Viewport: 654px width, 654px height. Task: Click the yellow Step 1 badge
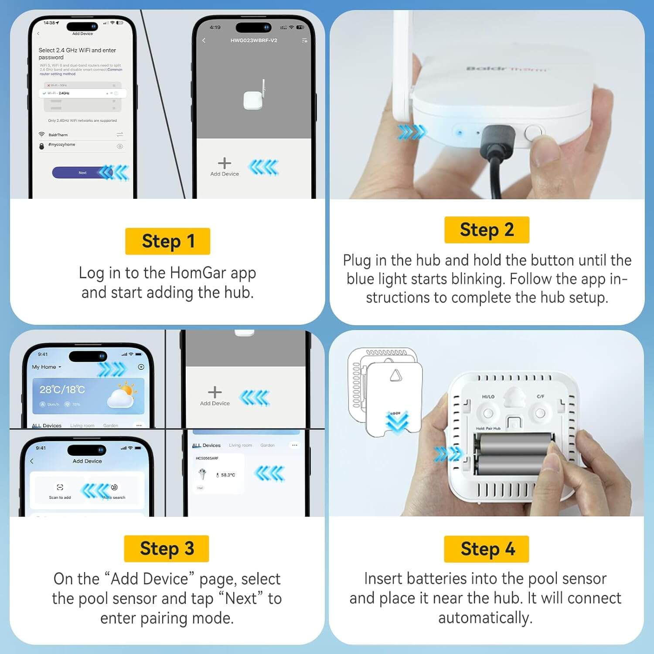pyautogui.click(x=167, y=241)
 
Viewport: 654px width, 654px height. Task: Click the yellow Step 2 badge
pyautogui.click(x=487, y=230)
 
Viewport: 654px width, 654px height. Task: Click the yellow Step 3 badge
pyautogui.click(x=167, y=548)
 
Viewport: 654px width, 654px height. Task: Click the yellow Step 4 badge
pyautogui.click(x=487, y=549)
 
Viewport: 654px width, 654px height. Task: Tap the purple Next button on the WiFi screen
pyautogui.click(x=82, y=173)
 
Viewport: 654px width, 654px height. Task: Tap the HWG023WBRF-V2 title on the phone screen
pyautogui.click(x=254, y=41)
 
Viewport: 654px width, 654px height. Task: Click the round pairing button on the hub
pyautogui.click(x=532, y=133)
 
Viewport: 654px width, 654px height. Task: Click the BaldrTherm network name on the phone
pyautogui.click(x=58, y=135)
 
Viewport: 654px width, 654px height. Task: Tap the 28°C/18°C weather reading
pyautogui.click(x=62, y=389)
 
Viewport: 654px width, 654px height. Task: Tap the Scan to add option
pyautogui.click(x=60, y=491)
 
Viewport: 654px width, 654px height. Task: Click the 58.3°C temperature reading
pyautogui.click(x=228, y=475)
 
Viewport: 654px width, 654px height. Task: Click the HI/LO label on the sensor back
pyautogui.click(x=488, y=397)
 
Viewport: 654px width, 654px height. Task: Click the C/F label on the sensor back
pyautogui.click(x=540, y=396)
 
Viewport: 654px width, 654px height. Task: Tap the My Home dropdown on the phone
pyautogui.click(x=46, y=367)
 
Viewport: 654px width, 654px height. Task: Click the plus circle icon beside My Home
pyautogui.click(x=141, y=367)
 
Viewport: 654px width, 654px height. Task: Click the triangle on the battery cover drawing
pyautogui.click(x=395, y=375)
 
